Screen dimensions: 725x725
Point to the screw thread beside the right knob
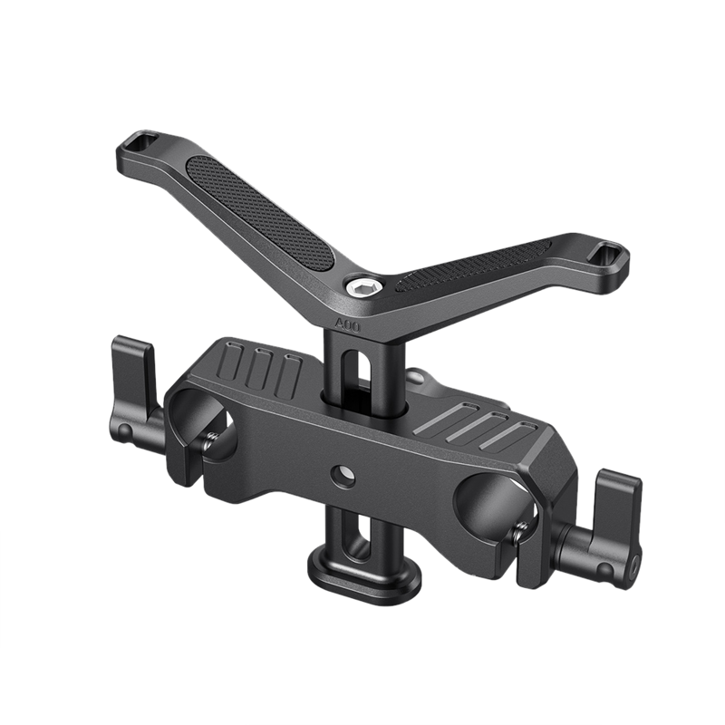coord(534,540)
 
